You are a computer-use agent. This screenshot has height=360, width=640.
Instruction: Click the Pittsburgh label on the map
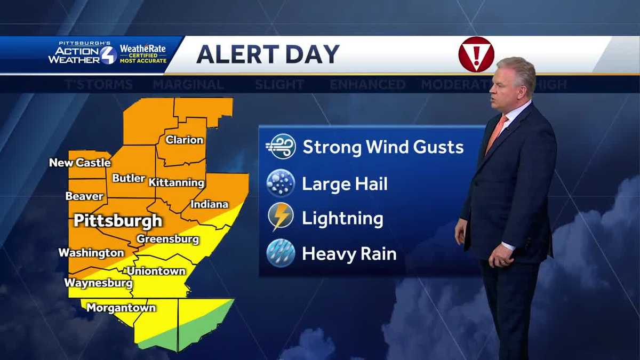(118, 220)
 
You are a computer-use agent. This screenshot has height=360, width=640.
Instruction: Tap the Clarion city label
(185, 140)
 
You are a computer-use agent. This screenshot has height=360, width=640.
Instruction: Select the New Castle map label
(80, 163)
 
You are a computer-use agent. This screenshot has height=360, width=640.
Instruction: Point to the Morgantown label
(121, 308)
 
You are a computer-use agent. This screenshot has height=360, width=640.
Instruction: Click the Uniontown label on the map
(156, 271)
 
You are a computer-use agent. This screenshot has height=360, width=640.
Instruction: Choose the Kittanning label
(177, 182)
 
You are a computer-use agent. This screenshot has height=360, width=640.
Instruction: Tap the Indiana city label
(210, 204)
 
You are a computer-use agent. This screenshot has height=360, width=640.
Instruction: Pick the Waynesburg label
(98, 283)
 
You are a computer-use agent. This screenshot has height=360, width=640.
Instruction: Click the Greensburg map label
(168, 239)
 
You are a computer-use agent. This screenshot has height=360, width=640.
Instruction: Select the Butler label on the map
(129, 179)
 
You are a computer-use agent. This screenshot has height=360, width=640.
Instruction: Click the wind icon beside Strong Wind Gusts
(281, 147)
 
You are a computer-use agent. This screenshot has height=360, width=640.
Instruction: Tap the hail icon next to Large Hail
(281, 184)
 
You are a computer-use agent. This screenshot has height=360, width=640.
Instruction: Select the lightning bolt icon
(281, 218)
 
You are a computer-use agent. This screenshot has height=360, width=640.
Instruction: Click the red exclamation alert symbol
(476, 54)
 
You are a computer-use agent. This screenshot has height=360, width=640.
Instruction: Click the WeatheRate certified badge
(142, 54)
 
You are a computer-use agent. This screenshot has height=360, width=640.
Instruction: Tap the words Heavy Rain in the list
(349, 254)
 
